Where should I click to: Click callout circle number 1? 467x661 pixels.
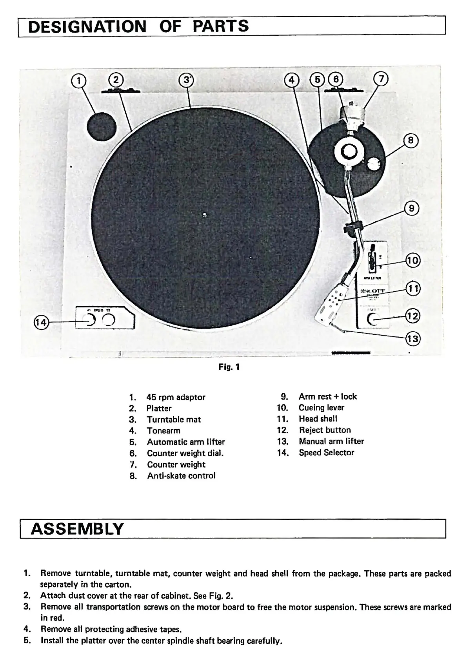[x=79, y=81]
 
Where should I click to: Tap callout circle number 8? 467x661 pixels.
[x=411, y=140]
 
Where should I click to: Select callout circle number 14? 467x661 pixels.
[x=41, y=323]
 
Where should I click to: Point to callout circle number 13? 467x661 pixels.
[x=412, y=338]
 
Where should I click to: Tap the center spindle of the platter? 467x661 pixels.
[x=204, y=214]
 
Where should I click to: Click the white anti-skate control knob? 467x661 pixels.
[x=374, y=164]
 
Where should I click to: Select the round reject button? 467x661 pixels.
[x=374, y=320]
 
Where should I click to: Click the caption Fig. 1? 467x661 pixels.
[x=229, y=367]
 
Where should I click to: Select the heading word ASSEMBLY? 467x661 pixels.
[x=77, y=529]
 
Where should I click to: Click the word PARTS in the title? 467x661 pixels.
[x=221, y=26]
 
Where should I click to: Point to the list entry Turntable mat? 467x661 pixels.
[x=174, y=419]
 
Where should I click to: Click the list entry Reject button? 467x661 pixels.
[x=325, y=430]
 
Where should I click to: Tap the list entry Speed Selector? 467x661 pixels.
[x=326, y=452]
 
